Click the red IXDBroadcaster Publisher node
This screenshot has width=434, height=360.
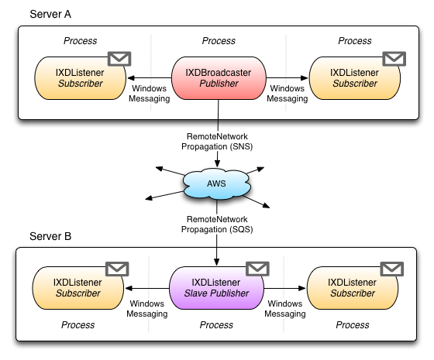(219, 78)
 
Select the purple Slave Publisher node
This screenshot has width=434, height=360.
(216, 288)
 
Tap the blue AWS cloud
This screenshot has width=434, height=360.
(217, 183)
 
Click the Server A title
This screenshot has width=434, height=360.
(50, 14)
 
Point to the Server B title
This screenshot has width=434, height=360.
(50, 236)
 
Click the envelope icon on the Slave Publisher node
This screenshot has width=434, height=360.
(257, 269)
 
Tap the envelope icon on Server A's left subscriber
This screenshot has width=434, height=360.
(119, 59)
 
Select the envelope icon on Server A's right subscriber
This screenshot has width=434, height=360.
(394, 59)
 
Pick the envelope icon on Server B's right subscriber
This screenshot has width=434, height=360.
(392, 269)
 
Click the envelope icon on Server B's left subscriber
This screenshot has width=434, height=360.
(117, 269)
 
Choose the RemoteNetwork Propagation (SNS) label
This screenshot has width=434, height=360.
(217, 141)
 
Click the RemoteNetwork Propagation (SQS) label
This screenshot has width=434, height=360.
(217, 225)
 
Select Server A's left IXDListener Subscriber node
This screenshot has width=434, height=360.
(81, 78)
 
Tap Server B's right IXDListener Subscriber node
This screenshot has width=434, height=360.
(353, 288)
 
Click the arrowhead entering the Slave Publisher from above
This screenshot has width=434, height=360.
(217, 262)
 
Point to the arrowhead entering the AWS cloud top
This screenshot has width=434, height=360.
(218, 163)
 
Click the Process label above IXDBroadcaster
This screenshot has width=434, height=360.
(219, 40)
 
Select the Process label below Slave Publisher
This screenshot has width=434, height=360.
(216, 325)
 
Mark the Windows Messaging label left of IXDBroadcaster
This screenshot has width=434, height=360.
(149, 94)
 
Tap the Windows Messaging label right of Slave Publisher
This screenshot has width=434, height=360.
(285, 309)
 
